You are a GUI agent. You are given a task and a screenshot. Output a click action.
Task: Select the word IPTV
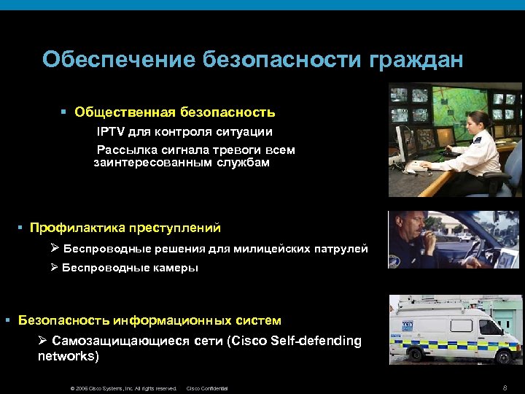(x=112, y=132)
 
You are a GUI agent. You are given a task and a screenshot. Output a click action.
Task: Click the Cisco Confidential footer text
(x=208, y=388)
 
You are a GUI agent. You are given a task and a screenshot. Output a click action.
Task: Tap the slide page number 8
(x=505, y=387)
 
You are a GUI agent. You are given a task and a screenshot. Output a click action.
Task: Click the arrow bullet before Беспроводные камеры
(x=54, y=268)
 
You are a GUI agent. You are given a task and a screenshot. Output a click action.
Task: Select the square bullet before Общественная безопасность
(x=63, y=113)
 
